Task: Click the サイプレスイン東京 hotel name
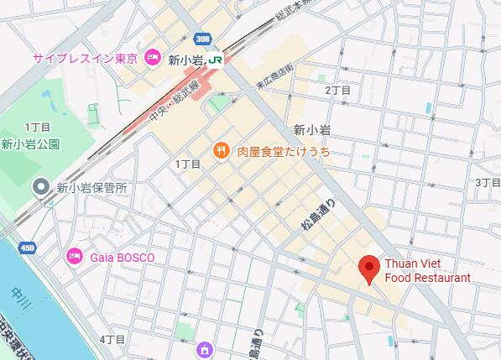coord(86,58)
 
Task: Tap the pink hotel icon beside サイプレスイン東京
coord(152,58)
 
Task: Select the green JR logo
coord(216,60)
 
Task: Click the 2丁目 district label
coord(337,90)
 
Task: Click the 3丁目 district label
coord(488,182)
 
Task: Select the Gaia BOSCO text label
coord(122,258)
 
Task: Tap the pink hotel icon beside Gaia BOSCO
coord(74,257)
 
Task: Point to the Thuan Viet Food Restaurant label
coord(427,270)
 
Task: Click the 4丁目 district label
coord(112,339)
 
